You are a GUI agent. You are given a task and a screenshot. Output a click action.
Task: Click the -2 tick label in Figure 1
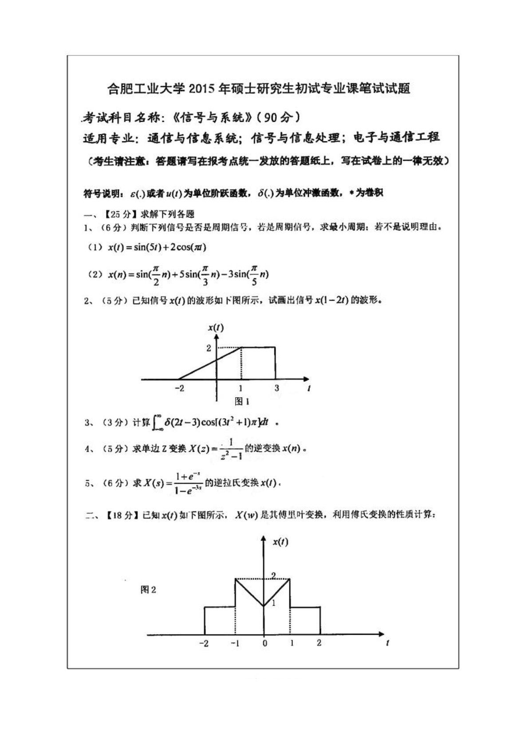tap(179, 388)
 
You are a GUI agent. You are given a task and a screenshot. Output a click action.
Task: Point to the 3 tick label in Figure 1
tap(277, 388)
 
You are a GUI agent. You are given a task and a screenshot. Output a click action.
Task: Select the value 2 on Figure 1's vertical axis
tap(209, 348)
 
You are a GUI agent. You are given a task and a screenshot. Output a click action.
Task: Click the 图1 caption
tap(242, 402)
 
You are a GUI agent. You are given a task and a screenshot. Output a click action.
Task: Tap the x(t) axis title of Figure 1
tap(216, 328)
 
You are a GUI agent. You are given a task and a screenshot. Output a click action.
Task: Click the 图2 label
tap(148, 590)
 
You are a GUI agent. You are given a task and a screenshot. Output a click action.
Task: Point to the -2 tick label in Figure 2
tap(204, 643)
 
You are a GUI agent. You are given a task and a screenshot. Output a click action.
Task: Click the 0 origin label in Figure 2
tap(264, 643)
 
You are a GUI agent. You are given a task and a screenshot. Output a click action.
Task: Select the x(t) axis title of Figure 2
tap(280, 541)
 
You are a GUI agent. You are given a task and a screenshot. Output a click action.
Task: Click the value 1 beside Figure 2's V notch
tap(273, 603)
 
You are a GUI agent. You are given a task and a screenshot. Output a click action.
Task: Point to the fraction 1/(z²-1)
tap(231, 449)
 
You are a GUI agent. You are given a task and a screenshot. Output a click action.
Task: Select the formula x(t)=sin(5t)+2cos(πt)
tap(157, 248)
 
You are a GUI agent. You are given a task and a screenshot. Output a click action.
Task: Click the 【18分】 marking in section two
tap(120, 516)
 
